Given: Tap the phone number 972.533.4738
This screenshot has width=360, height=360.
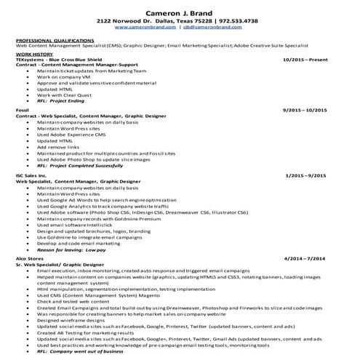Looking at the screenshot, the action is tap(230, 21).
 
